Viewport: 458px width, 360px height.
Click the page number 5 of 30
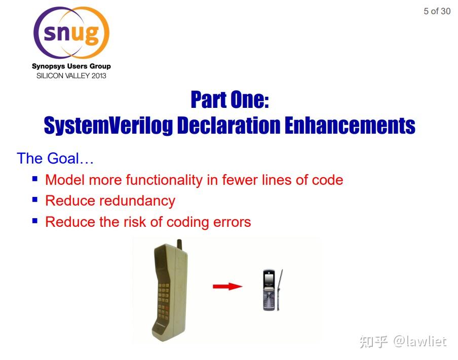tap(437, 11)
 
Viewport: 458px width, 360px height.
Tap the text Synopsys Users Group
tap(71, 66)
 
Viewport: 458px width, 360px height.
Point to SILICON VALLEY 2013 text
tap(71, 76)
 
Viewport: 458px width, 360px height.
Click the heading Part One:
tap(230, 100)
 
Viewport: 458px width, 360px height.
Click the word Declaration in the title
tap(228, 125)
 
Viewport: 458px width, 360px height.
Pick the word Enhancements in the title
tap(350, 125)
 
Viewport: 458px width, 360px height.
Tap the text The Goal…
tap(55, 158)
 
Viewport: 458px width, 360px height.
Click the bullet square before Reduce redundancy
tap(35, 199)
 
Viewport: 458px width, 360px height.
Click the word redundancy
tap(137, 201)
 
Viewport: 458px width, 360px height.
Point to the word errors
tap(230, 222)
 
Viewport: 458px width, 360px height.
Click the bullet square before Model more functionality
tap(35, 179)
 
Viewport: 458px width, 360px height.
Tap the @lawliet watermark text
tap(419, 342)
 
